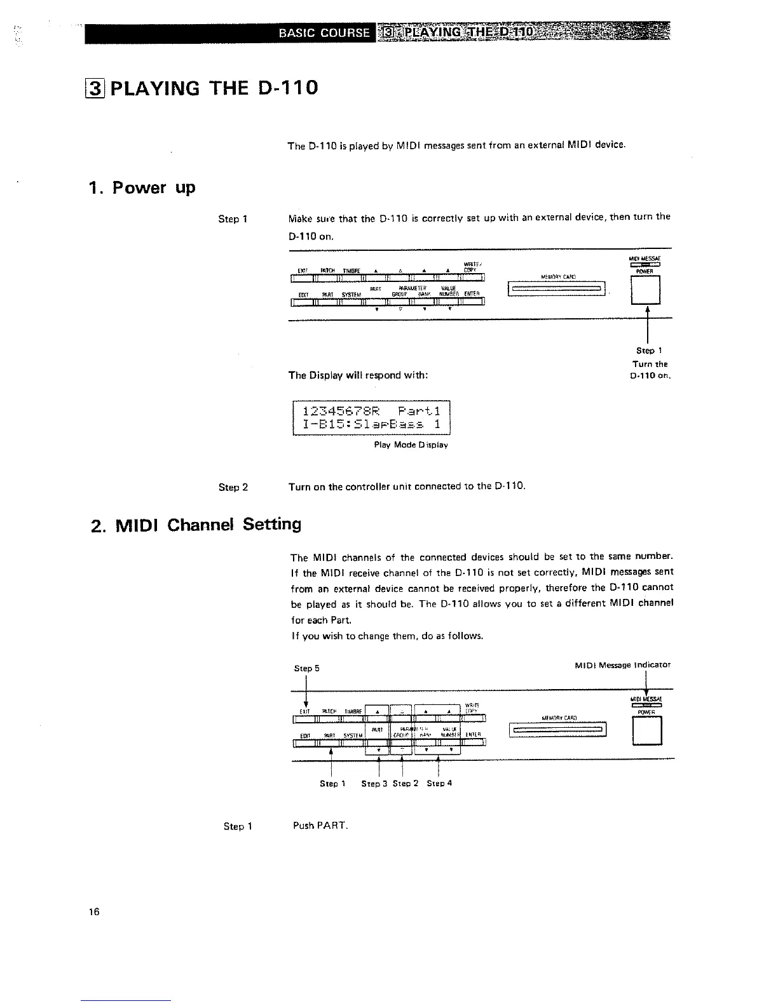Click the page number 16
(x=94, y=912)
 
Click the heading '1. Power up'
(x=142, y=188)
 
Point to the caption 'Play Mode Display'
(x=411, y=445)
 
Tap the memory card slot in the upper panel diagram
(x=557, y=290)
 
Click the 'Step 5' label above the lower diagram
(x=307, y=668)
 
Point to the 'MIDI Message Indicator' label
(x=622, y=665)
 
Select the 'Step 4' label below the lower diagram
(x=439, y=783)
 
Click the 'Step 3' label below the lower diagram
(x=374, y=784)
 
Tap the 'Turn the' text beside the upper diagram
(x=650, y=364)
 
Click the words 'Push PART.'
(x=320, y=826)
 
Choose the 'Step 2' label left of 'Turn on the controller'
(x=233, y=487)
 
